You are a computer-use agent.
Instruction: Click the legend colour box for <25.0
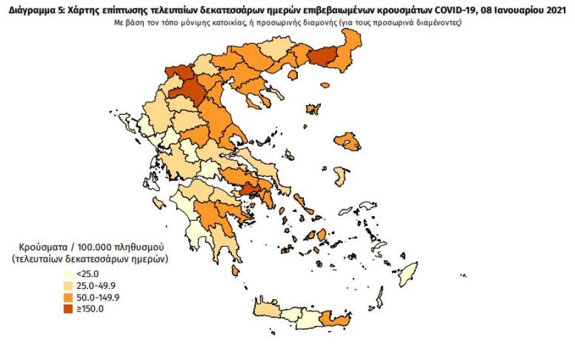click(68, 274)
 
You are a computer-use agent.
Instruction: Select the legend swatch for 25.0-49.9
click(68, 286)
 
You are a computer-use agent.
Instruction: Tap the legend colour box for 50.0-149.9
click(68, 297)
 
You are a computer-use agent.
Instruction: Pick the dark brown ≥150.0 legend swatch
click(68, 308)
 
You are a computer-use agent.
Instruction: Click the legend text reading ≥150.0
click(90, 309)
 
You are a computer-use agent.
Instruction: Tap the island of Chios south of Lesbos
click(340, 176)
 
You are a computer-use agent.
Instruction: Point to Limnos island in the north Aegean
click(314, 109)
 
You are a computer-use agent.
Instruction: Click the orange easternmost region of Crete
click(340, 321)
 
